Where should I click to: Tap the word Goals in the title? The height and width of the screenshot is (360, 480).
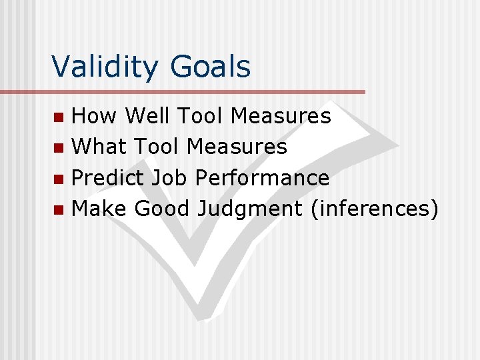tap(210, 67)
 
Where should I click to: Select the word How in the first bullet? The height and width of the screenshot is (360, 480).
tap(95, 116)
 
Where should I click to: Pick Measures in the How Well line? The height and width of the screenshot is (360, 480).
tap(281, 116)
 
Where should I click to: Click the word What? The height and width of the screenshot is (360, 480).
tap(100, 147)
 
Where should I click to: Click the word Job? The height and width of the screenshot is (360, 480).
tap(170, 178)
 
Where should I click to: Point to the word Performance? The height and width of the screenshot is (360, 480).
tap(262, 178)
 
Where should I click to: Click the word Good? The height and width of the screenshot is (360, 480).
tap(162, 209)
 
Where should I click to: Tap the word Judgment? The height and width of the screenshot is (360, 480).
tap(249, 209)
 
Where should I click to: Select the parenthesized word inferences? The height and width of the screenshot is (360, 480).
tap(374, 209)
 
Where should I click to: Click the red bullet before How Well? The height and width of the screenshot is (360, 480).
tap(59, 118)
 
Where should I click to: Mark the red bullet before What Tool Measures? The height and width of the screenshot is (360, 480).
tap(59, 149)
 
